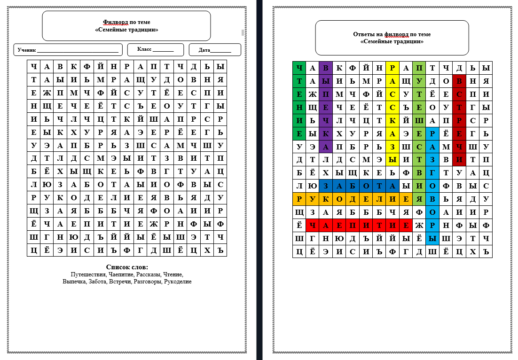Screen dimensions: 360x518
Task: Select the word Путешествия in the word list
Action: pyautogui.click(x=88, y=274)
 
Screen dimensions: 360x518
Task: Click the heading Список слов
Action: pyautogui.click(x=127, y=267)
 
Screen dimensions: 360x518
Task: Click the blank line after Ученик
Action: pyautogui.click(x=78, y=50)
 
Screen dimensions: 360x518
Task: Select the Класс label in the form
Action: pyautogui.click(x=144, y=49)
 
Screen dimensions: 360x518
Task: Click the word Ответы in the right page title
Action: pyautogui.click(x=363, y=34)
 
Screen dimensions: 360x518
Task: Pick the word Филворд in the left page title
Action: pyautogui.click(x=113, y=22)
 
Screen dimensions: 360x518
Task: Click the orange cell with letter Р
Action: pyautogui.click(x=299, y=199)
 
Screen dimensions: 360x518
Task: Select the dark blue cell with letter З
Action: pyautogui.click(x=325, y=186)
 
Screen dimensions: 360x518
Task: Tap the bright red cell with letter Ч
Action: pyautogui.click(x=312, y=226)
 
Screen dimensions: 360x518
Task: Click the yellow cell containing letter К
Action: pyautogui.click(x=392, y=120)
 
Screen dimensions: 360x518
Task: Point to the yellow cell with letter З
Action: pyautogui.click(x=392, y=147)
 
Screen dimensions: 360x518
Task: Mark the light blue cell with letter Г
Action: pyautogui.click(x=432, y=173)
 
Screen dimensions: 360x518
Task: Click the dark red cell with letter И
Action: pyautogui.click(x=459, y=160)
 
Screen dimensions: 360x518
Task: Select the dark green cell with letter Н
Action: pyautogui.click(x=299, y=107)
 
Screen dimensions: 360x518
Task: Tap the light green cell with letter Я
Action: pyautogui.click(x=419, y=199)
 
